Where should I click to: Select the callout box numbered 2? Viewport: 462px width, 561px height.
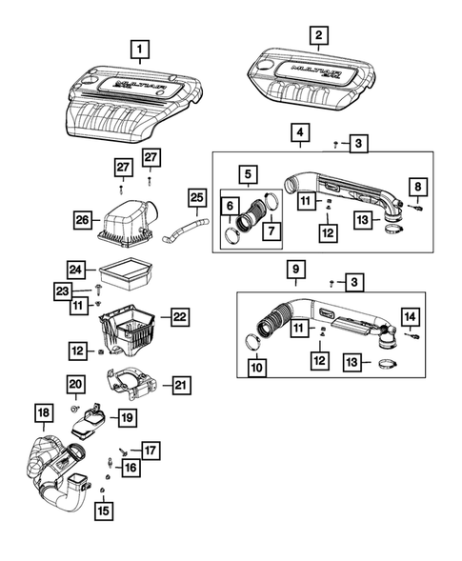318,35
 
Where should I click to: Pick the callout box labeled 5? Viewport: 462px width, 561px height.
246,174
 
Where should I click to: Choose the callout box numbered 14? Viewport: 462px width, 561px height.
409,316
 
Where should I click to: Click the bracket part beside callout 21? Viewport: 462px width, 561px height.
135,385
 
